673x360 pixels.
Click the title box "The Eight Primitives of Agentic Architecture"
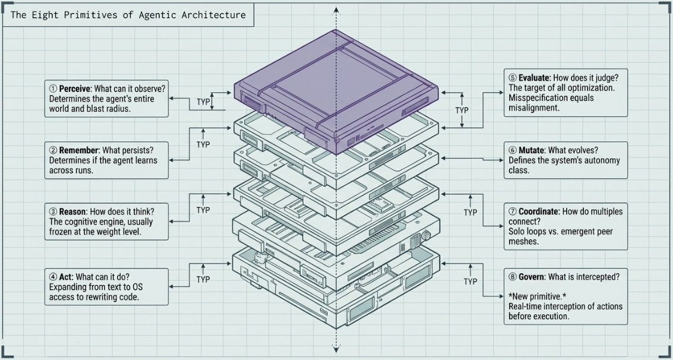(128, 15)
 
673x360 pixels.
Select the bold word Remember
(77, 150)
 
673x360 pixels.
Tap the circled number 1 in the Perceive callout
(52, 89)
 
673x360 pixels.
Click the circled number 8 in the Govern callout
(513, 277)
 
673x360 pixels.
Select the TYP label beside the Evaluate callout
(462, 110)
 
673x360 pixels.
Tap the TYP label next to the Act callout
(203, 279)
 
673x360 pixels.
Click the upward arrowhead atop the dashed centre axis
(337, 10)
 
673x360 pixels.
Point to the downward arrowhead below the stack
(337, 349)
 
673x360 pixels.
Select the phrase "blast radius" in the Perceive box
(125, 109)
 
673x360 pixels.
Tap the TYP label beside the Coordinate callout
(470, 212)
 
